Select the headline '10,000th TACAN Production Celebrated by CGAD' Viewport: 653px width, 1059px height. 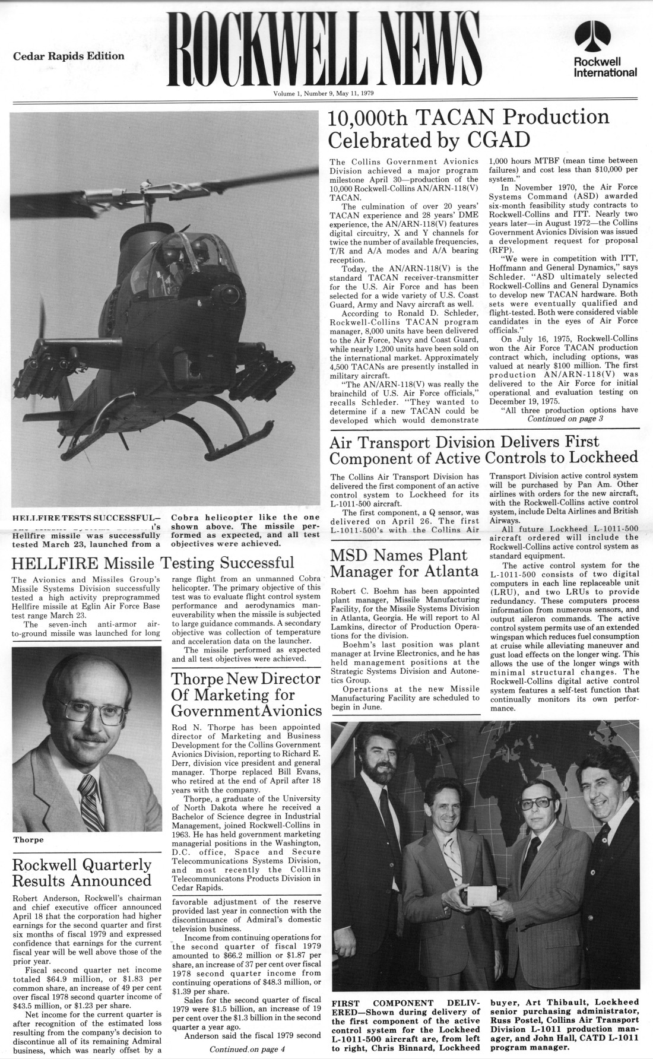(469, 129)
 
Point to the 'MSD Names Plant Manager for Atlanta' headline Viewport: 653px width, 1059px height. (404, 564)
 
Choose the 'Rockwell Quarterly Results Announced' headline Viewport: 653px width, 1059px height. (82, 872)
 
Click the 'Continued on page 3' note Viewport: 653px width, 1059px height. (560, 419)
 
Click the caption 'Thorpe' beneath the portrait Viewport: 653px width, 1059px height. (28, 839)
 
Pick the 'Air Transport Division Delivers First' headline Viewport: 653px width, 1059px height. (465, 442)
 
